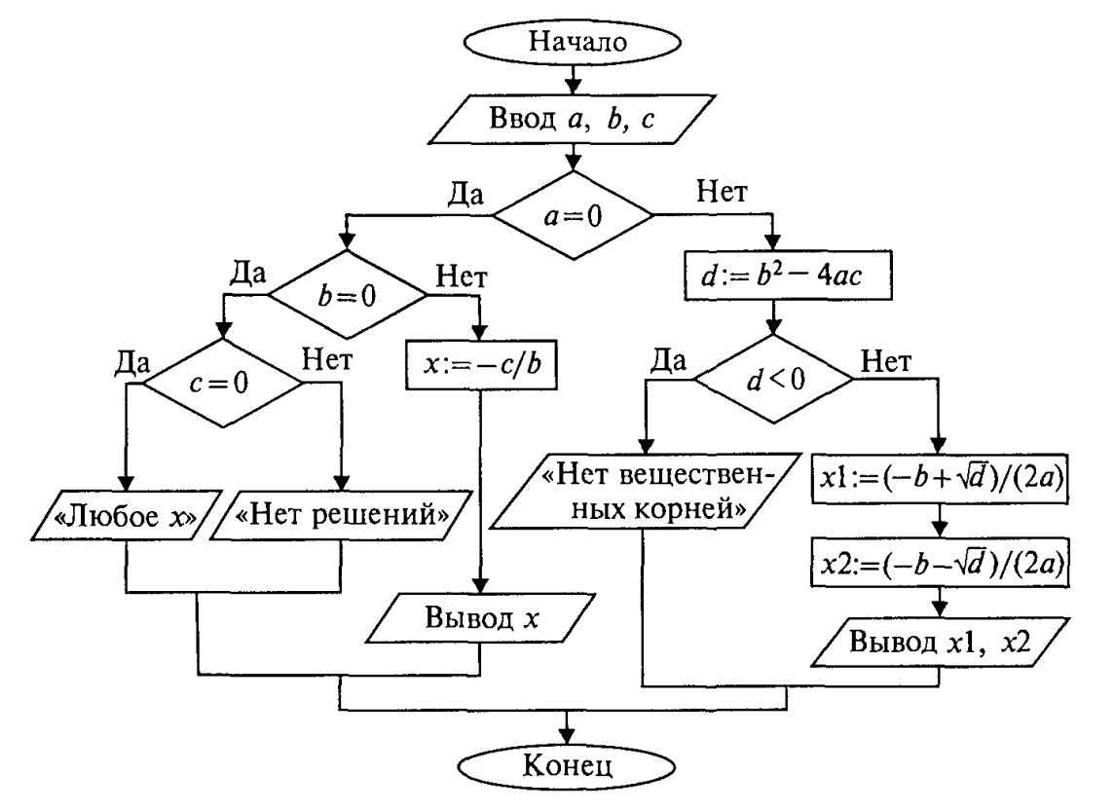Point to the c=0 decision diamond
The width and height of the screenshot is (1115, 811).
(224, 380)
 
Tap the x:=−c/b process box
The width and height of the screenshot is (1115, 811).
(481, 370)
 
